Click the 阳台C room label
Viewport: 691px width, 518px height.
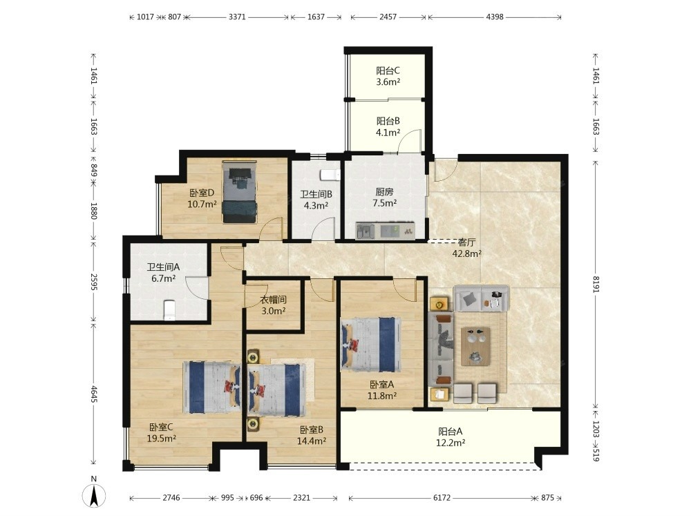coord(388,70)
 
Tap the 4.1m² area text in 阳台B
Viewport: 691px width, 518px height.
coord(388,132)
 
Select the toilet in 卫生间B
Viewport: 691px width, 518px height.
coord(330,175)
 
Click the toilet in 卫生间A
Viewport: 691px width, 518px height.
coord(169,310)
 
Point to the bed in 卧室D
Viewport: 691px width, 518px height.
coord(239,192)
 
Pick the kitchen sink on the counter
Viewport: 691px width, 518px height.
coord(366,231)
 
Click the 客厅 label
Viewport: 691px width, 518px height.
coord(466,242)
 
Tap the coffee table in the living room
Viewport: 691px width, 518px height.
coord(475,346)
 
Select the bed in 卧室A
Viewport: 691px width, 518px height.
coord(371,344)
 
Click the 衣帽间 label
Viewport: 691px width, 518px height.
coord(273,300)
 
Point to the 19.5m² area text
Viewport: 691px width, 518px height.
coord(162,439)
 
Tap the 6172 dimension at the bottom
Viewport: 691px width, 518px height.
coord(442,498)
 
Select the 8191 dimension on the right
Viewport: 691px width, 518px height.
coord(596,284)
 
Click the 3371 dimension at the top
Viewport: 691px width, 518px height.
coord(237,17)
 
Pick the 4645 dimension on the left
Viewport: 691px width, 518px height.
coord(94,394)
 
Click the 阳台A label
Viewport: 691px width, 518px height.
coord(450,432)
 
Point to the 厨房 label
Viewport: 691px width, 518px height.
coord(384,191)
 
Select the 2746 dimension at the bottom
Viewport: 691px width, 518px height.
coord(171,498)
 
